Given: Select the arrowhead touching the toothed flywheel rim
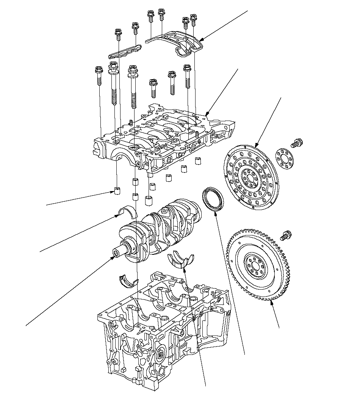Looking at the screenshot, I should [272, 302].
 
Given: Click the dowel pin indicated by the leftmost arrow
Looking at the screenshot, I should [117, 190].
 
